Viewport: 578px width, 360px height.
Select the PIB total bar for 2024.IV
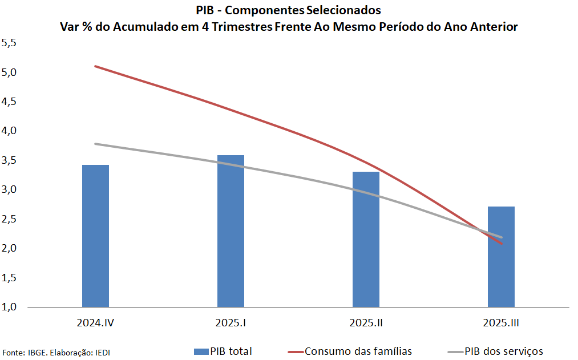95,236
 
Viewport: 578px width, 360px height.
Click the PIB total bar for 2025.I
231,231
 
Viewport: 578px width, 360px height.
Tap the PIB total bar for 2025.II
366,239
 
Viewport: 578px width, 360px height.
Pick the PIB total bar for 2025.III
501,257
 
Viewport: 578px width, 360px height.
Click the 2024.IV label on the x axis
96,323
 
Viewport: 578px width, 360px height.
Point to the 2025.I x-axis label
231,323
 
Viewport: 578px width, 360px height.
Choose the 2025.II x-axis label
366,323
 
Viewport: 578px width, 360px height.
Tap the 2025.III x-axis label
501,323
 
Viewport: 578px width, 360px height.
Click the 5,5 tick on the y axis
10,43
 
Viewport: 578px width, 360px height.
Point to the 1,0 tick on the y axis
10,307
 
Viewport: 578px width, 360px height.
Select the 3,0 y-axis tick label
10,189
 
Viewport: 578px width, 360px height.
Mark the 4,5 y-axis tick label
10,102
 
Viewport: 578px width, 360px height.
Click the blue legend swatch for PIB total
201,351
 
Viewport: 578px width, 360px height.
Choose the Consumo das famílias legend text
358,351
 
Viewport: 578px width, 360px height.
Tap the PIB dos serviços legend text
504,351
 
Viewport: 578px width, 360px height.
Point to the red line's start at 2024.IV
95,66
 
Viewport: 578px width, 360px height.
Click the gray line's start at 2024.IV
95,144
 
